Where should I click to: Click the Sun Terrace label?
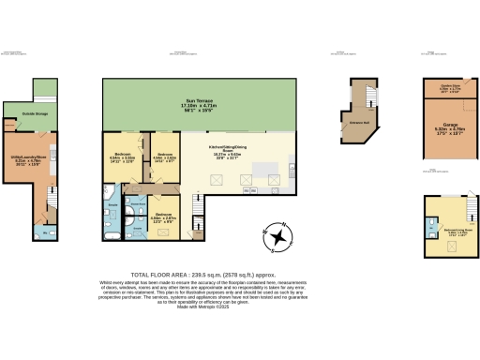click(x=198, y=105)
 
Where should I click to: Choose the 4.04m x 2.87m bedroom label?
click(x=163, y=220)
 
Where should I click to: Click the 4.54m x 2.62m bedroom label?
click(x=164, y=157)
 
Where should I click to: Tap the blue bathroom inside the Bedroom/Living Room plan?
click(x=430, y=226)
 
